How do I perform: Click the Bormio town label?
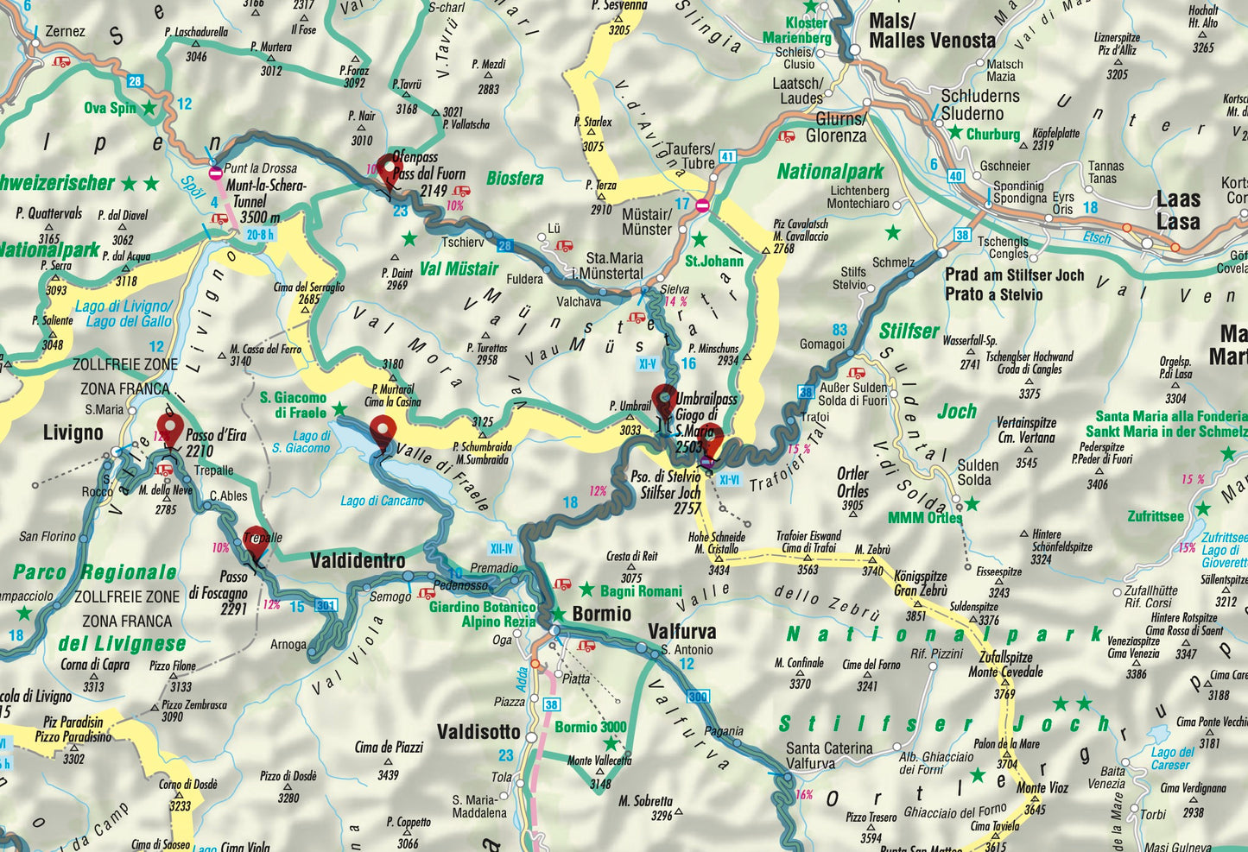[x=602, y=614]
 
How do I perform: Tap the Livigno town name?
[x=73, y=432]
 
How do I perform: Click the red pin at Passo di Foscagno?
[x=255, y=542]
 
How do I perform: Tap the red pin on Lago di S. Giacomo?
[x=383, y=432]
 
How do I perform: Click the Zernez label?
[x=65, y=32]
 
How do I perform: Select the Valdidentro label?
[x=358, y=561]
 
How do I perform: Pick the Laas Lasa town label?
[x=1178, y=211]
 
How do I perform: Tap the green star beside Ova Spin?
[x=149, y=108]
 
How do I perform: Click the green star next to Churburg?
[x=955, y=133]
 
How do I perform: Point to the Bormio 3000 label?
[x=591, y=727]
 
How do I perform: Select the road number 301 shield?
[x=326, y=605]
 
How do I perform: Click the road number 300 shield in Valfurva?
[x=697, y=697]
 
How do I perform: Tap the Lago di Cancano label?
[x=382, y=501]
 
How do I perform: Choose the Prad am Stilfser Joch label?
[x=1014, y=284]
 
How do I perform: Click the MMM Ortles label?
[x=924, y=518]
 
